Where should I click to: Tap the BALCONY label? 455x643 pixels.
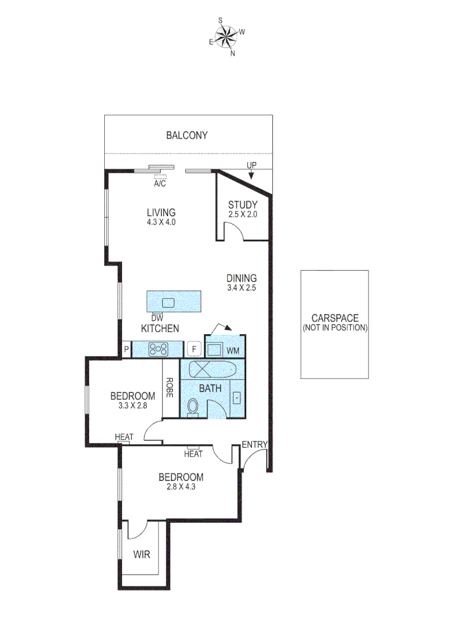186,136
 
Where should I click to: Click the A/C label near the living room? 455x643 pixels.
160,184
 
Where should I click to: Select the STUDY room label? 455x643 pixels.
242,205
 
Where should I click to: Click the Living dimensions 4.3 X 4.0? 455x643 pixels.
161,221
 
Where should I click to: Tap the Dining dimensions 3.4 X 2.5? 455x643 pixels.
241,288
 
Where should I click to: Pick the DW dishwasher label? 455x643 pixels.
157,319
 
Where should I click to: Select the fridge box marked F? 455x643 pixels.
192,349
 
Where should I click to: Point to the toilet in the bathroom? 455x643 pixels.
192,407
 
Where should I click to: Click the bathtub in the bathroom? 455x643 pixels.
213,370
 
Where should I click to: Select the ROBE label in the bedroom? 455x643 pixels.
170,388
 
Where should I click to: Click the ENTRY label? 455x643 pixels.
254,445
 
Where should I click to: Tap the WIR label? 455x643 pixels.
142,554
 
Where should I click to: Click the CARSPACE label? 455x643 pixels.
335,319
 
